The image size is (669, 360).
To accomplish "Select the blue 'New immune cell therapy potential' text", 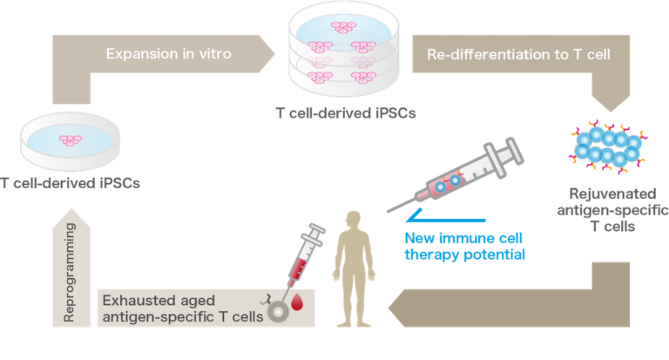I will (465, 246).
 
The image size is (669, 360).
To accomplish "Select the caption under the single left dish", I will (71, 183).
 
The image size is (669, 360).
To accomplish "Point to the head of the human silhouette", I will (354, 218).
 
